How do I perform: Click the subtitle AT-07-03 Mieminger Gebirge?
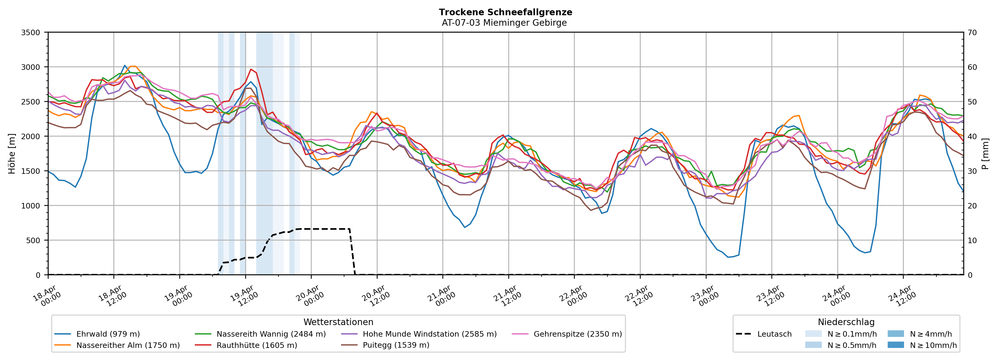[504, 23]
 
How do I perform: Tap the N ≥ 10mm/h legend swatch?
[895, 345]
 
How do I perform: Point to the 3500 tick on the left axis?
[31, 33]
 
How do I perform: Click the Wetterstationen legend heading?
[338, 322]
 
